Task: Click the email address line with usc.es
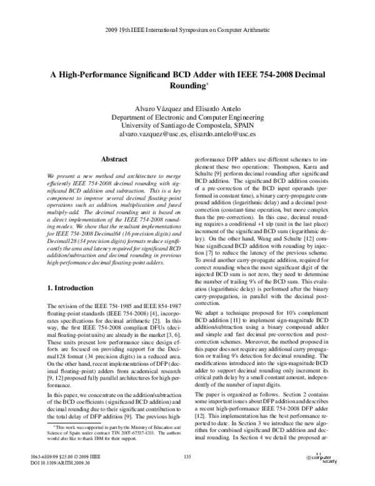[187, 134]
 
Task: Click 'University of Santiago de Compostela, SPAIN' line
[187, 125]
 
